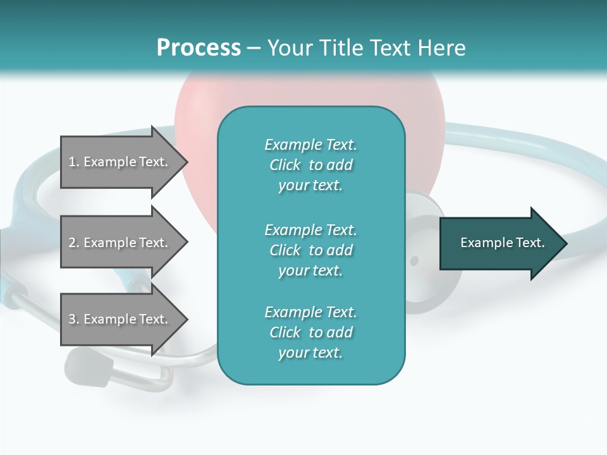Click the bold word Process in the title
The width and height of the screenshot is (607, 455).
pos(199,48)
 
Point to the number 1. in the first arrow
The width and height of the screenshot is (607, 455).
pos(74,162)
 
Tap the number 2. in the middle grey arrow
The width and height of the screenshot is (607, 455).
pos(74,243)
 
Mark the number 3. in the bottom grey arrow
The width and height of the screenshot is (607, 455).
pos(74,320)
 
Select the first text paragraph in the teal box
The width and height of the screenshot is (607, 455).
pos(310,165)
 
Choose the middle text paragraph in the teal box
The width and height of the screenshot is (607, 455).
pos(310,250)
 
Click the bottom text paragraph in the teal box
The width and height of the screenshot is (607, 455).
pos(310,332)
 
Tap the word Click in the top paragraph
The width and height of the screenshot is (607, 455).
pos(285,166)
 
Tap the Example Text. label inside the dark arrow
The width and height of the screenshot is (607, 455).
pos(503,243)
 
